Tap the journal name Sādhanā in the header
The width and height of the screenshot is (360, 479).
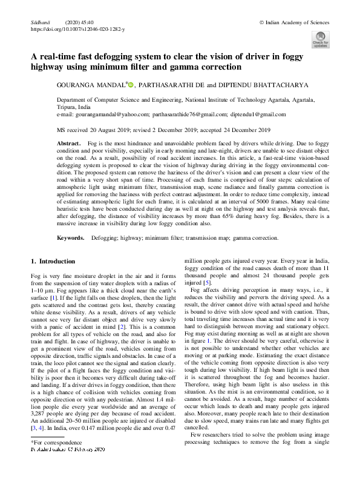pyautogui.click(x=39, y=22)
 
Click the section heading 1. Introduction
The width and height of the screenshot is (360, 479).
pyautogui.click(x=53, y=261)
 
